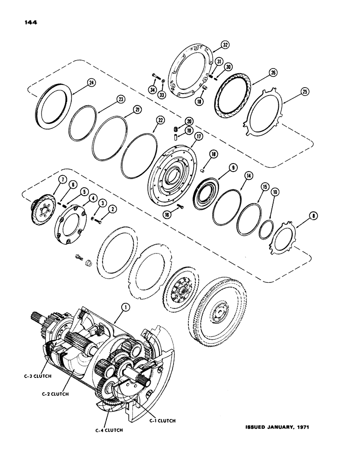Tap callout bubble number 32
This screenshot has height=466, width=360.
click(226, 45)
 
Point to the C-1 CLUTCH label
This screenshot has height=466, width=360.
click(163, 420)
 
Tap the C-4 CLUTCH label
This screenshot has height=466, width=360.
click(111, 430)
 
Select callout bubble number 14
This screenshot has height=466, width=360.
click(248, 175)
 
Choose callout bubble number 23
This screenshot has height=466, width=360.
click(108, 99)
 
